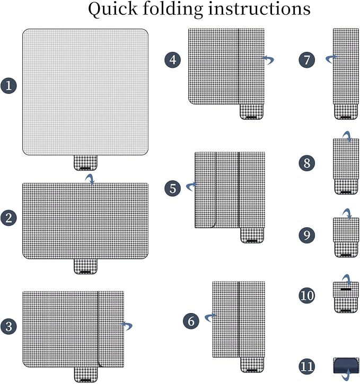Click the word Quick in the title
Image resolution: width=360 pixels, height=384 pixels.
coord(113,10)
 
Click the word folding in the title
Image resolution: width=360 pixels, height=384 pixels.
coord(173,10)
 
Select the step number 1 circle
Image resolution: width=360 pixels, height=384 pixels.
coord(9,86)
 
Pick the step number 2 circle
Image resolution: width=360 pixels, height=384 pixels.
coord(9,218)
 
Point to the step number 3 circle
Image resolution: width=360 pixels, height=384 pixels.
coord(9,326)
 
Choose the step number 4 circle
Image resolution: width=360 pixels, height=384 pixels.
coord(173,60)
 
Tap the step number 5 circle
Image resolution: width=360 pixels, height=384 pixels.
coord(173,189)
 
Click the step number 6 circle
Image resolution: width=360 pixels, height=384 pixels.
coord(191,321)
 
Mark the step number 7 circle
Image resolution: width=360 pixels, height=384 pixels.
coord(307,60)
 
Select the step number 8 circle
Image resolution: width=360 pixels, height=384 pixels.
coord(307,163)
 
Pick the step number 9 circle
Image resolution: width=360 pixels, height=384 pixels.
coord(307,235)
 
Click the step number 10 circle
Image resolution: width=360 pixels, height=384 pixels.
coord(307,296)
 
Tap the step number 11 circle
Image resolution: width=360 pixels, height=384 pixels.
coord(307,367)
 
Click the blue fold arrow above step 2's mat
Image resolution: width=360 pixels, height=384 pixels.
coord(90,179)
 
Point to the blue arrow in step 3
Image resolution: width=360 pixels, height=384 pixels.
coord(127,325)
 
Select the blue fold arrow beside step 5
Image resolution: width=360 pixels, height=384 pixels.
coord(191,186)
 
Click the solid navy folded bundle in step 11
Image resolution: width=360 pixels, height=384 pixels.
coord(346,365)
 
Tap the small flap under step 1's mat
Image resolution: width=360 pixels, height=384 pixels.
coord(85,163)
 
